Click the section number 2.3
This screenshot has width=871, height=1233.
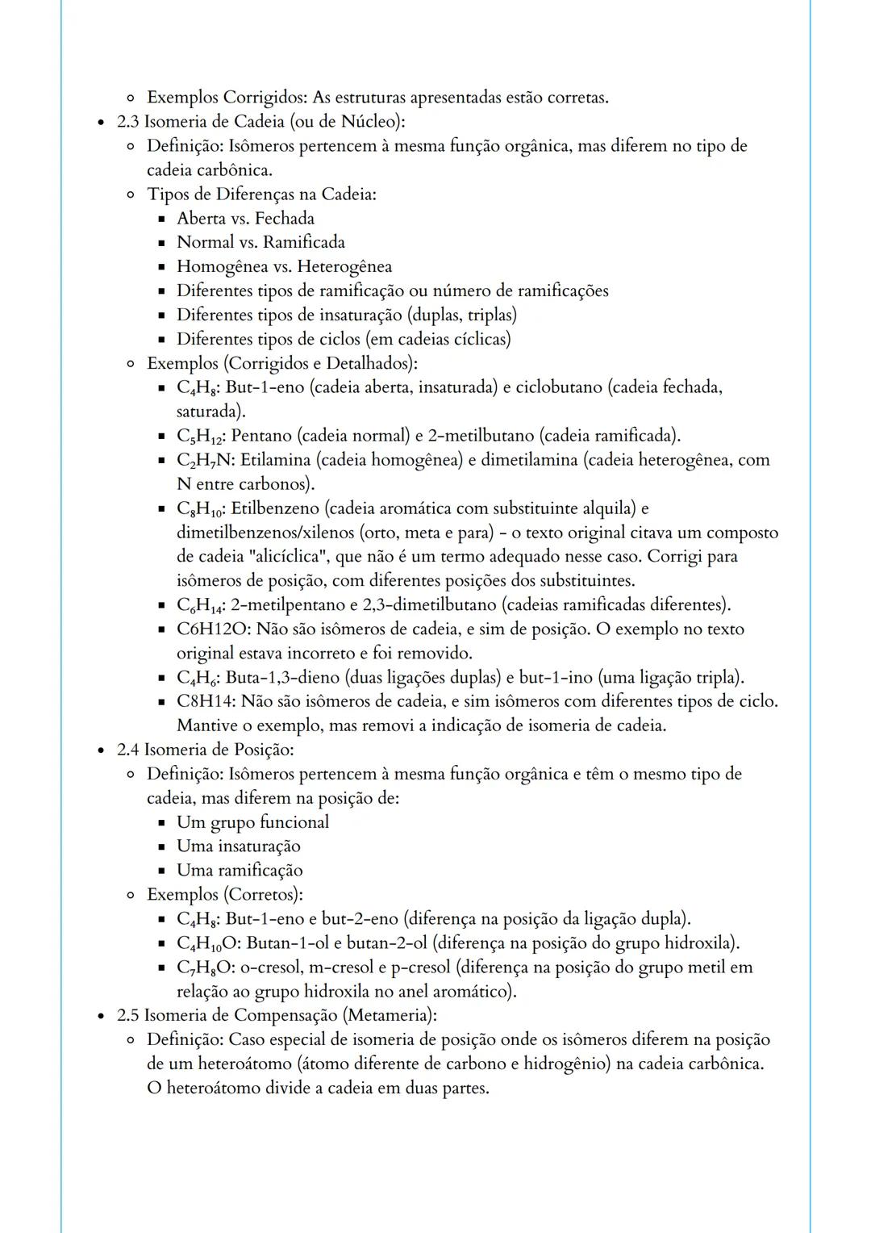coord(127,122)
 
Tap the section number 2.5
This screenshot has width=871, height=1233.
coord(127,1015)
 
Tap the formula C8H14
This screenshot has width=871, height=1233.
coord(206,701)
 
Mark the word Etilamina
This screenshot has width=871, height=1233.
coord(275,460)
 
